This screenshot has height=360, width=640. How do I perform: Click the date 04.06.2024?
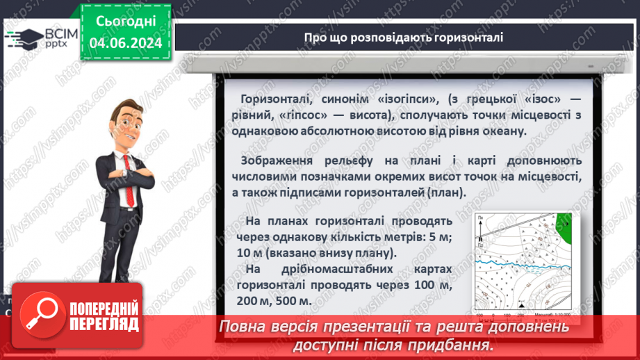click(126, 43)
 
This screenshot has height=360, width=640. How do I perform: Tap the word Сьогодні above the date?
click(125, 21)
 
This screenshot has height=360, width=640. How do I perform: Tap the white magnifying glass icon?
click(39, 313)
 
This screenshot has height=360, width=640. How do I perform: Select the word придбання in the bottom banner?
click(459, 345)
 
